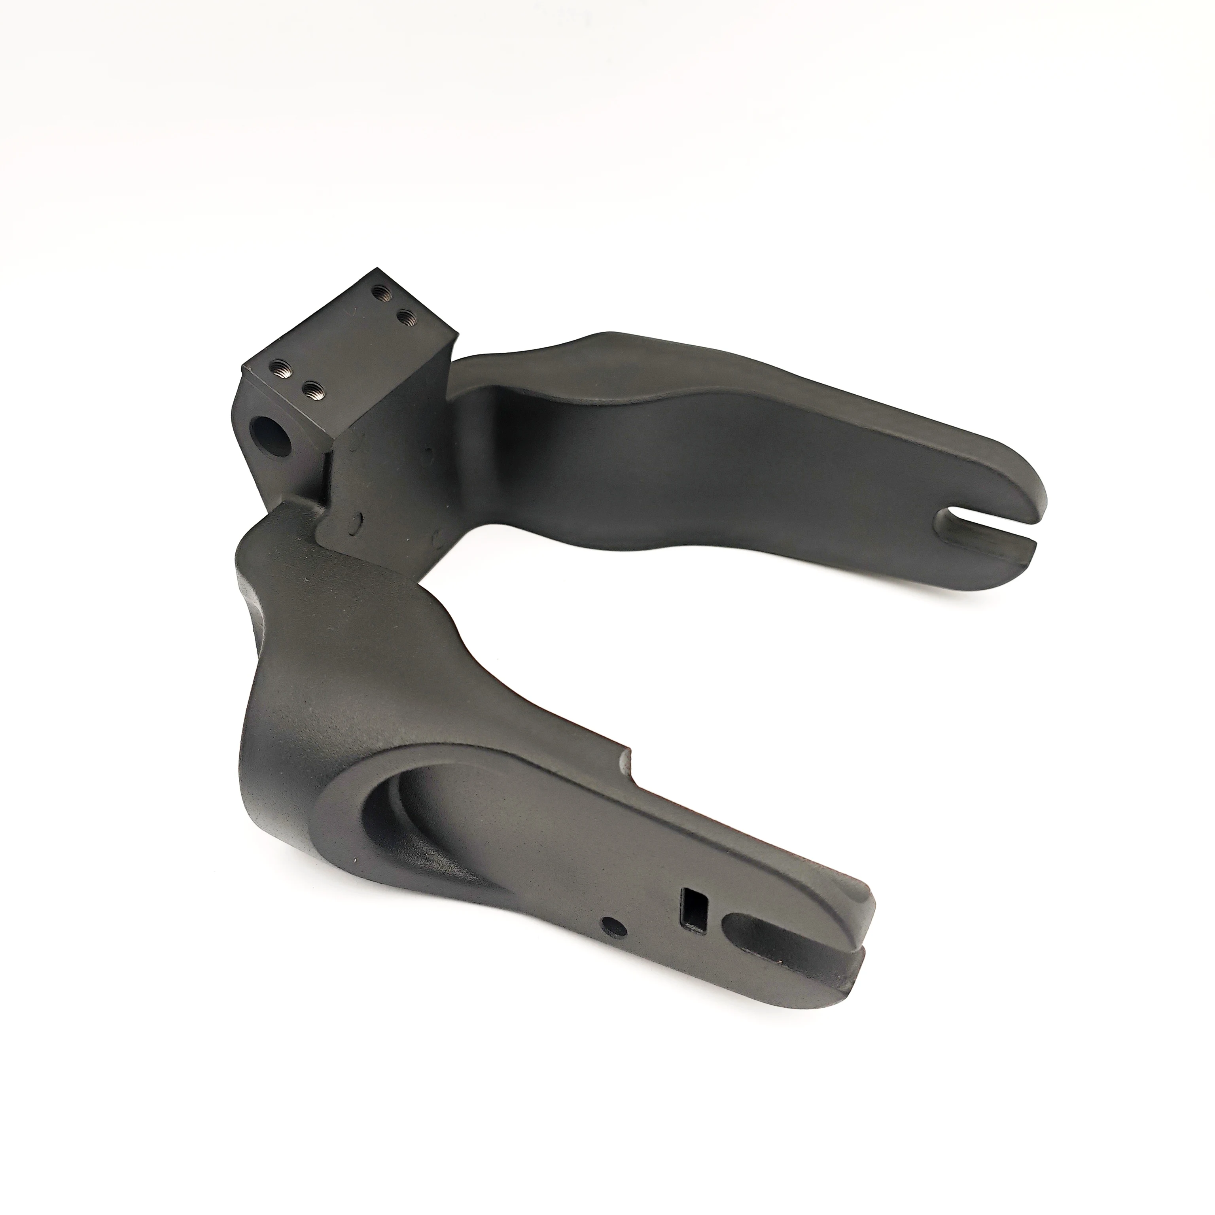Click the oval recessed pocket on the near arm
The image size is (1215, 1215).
[x=440, y=818]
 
